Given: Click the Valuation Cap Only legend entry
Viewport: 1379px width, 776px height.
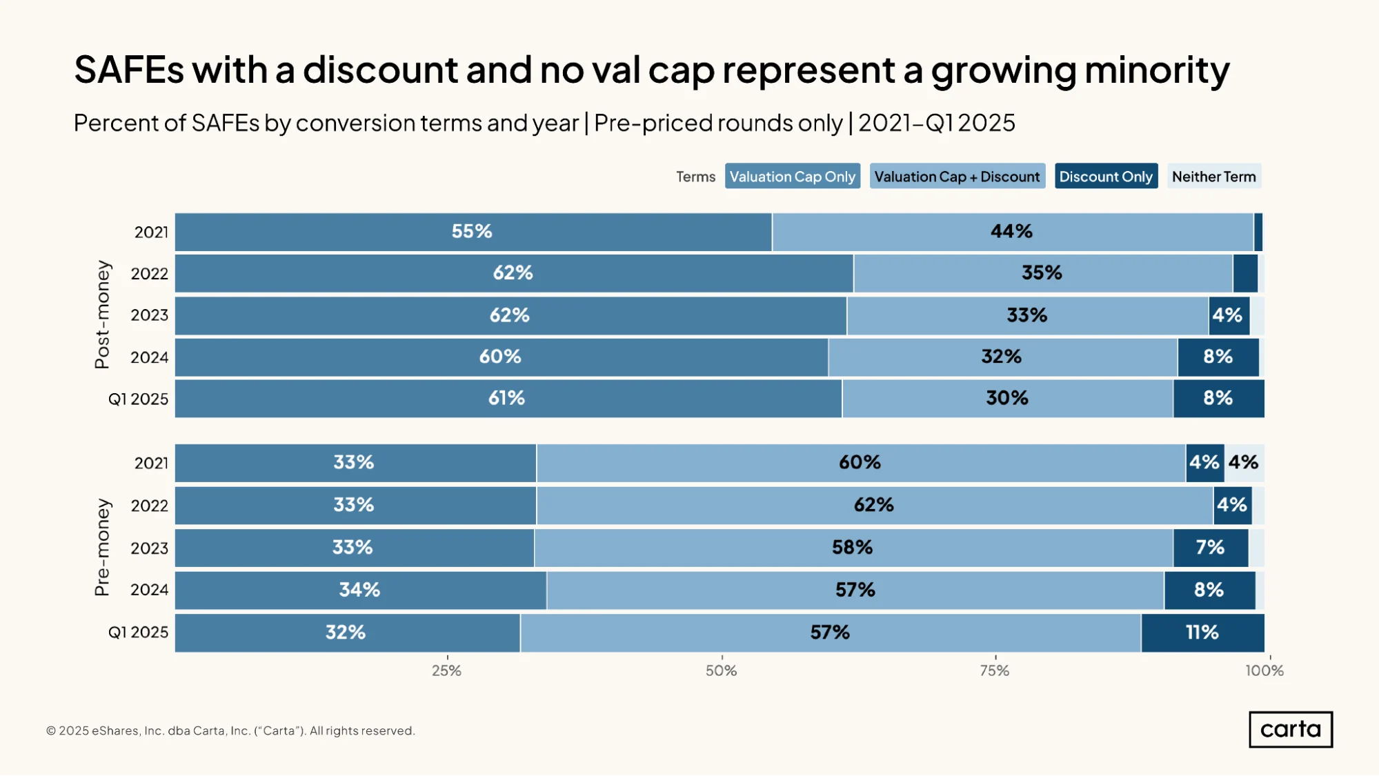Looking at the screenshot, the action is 793,177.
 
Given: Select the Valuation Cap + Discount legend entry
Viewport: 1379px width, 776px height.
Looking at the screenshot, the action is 958,177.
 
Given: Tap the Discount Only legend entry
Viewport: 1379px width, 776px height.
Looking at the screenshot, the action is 1106,177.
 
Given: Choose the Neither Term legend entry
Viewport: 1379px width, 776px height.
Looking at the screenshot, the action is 1214,177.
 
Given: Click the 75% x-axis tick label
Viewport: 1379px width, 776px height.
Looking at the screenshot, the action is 995,670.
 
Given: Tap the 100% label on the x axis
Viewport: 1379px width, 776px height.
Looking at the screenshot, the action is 1264,670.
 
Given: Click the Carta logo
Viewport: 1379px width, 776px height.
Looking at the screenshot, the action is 1291,729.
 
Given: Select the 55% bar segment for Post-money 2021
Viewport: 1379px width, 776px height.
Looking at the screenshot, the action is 473,232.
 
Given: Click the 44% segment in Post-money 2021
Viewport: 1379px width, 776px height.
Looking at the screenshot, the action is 1013,232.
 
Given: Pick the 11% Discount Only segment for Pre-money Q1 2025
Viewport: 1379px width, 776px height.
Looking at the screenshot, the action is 1203,633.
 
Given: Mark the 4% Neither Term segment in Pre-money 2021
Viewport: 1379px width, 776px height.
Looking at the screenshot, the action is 1244,463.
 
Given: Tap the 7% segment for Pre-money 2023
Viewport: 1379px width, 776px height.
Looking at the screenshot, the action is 1211,548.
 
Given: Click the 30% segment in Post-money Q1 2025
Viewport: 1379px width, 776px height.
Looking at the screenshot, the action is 1008,399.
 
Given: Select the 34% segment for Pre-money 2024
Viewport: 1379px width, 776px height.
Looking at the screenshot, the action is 361,590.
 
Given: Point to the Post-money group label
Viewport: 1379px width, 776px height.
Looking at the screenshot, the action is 102,315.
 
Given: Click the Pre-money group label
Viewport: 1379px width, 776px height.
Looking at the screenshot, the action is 102,547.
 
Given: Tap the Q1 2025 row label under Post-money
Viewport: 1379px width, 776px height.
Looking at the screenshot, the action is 138,399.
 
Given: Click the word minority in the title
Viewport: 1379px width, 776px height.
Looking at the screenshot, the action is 1157,70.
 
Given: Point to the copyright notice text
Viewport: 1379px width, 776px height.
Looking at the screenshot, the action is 230,730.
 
